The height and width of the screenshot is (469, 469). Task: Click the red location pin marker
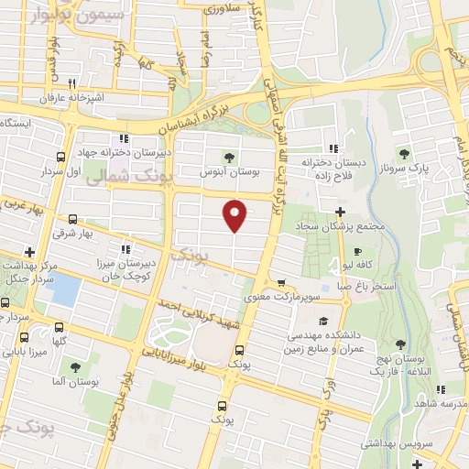tap(236, 213)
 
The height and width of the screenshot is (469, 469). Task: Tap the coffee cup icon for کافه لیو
tap(357, 250)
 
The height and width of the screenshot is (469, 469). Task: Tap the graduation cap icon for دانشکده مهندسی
tap(322, 322)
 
